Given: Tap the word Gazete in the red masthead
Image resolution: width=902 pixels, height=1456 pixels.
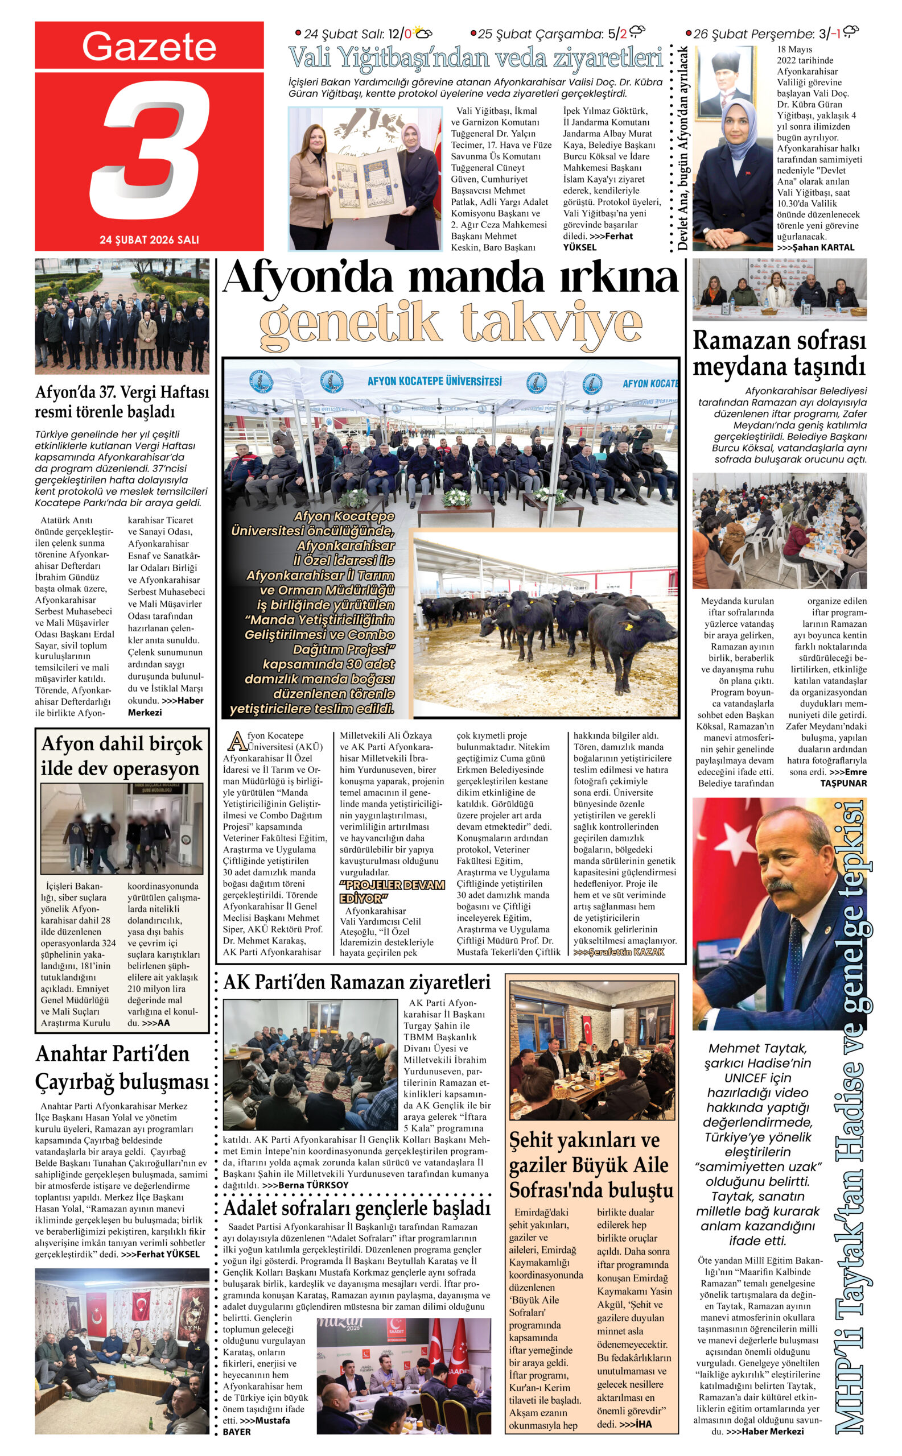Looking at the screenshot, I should click(149, 47).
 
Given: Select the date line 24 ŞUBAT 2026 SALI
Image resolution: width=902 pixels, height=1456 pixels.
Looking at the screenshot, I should click(149, 239).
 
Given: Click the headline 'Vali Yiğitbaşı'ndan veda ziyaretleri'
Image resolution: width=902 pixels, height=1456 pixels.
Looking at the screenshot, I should click(475, 59).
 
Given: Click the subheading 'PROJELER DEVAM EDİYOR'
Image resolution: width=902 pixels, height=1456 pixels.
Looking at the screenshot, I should click(392, 891).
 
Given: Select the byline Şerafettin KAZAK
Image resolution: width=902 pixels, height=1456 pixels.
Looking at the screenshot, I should click(619, 952).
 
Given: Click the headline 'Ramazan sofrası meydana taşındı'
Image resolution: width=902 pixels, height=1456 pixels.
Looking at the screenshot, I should click(779, 353).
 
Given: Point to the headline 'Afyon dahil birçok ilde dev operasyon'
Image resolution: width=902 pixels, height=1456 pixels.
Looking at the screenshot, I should click(122, 755).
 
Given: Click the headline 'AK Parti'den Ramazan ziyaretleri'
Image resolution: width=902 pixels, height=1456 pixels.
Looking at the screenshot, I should click(357, 982).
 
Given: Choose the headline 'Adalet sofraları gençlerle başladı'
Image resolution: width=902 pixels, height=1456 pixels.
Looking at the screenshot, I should click(357, 1207).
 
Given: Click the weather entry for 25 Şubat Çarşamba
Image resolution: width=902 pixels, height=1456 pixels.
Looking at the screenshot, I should click(557, 34).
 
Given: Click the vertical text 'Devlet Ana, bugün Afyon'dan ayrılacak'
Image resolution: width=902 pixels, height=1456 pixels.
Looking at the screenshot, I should click(683, 148).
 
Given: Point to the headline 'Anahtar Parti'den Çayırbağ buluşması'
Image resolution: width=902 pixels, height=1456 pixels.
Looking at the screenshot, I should click(122, 1067).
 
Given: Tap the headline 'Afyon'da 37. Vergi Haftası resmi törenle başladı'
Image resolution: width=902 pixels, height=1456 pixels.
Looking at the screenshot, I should click(122, 402).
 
